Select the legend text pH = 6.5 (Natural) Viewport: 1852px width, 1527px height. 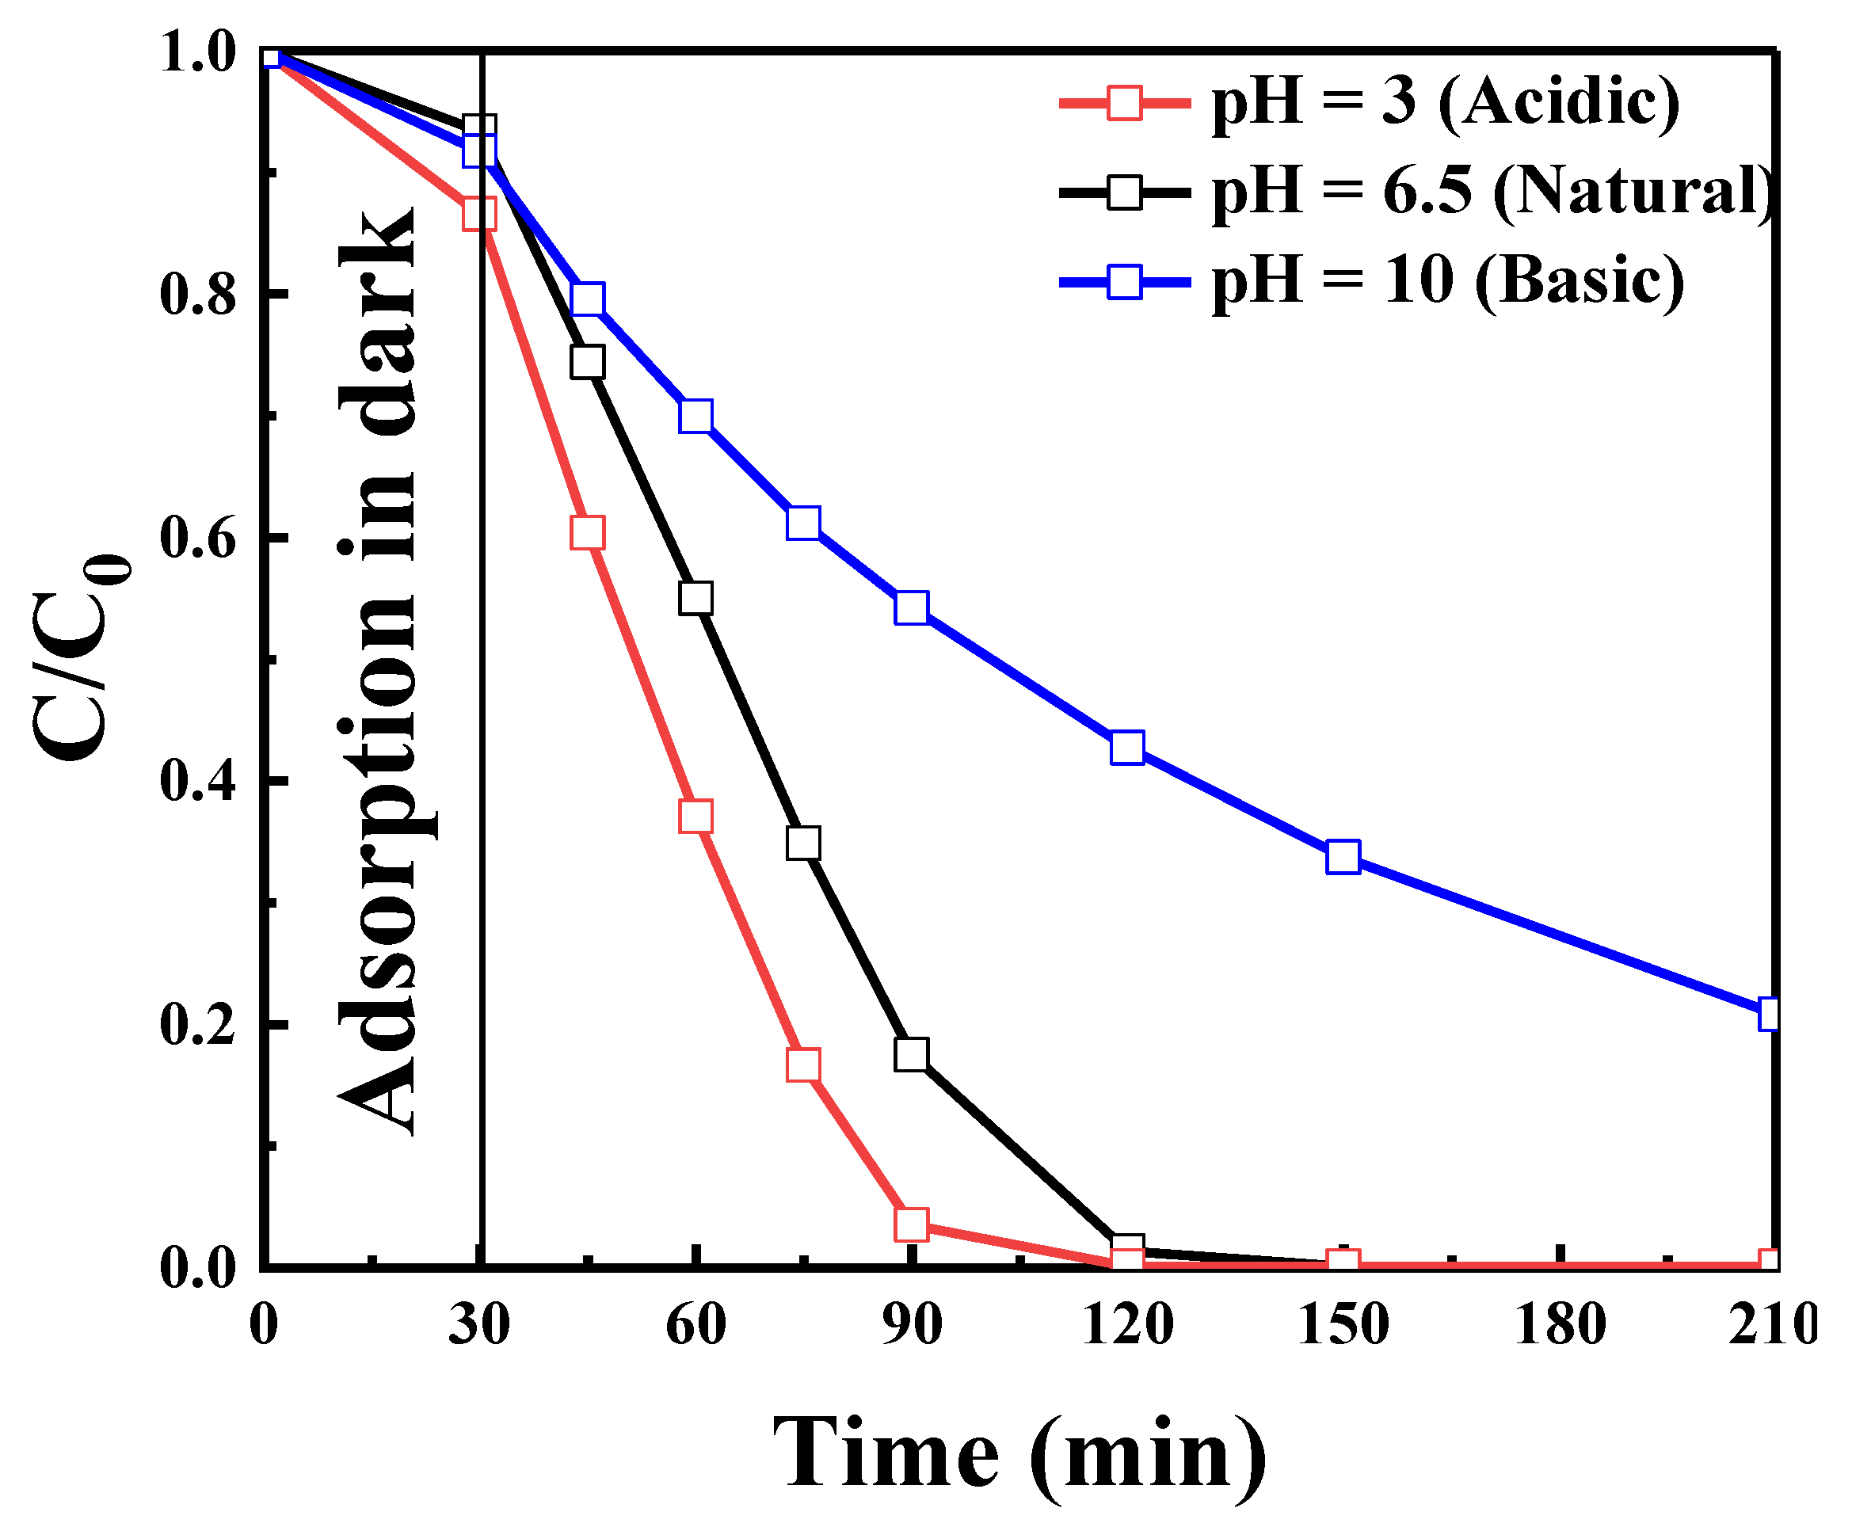coord(1491,191)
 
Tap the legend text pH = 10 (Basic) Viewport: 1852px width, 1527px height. coord(1446,280)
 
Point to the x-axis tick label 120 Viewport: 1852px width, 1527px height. coord(1127,1323)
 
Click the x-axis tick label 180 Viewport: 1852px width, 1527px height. coord(1560,1323)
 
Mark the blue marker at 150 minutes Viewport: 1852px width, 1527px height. coord(1343,856)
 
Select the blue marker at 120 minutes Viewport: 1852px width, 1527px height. coord(1127,748)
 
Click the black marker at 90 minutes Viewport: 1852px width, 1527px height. coord(912,1053)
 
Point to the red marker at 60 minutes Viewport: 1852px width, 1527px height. coord(695,817)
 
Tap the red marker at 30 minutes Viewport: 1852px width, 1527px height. coord(478,214)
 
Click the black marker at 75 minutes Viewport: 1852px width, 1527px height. coord(803,843)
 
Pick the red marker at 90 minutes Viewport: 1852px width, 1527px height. coord(912,1224)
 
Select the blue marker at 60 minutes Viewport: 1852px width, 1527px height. coord(695,416)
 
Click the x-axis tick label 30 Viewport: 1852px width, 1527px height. coord(478,1323)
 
